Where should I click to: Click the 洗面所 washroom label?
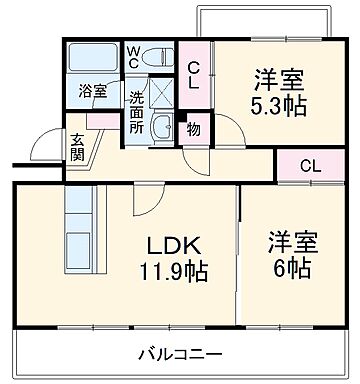pyautogui.click(x=138, y=114)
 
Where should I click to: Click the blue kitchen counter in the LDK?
pyautogui.click(x=77, y=236)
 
